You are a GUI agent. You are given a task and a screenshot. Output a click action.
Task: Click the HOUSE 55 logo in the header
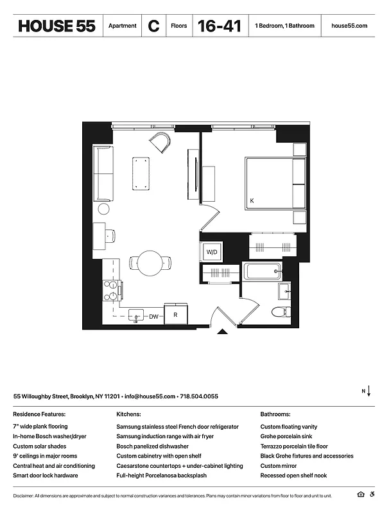[57, 26]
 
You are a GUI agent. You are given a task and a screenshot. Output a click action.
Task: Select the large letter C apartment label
[153, 26]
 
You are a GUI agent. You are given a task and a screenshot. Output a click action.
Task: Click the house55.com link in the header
[349, 26]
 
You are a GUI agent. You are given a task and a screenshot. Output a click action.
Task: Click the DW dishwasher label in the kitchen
[154, 316]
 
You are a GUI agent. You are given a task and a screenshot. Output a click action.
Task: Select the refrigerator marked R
[175, 315]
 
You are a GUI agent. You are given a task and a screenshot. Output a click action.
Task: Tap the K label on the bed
[252, 201]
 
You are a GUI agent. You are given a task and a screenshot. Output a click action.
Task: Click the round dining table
[151, 262]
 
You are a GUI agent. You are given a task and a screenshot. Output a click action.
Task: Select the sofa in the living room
[103, 173]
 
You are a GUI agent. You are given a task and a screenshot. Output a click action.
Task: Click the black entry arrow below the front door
[222, 332]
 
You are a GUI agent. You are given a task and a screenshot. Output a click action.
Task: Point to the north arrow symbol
[369, 391]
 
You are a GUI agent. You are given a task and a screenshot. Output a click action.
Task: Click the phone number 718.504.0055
[199, 396]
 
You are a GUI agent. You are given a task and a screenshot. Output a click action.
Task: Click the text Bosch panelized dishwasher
[152, 446]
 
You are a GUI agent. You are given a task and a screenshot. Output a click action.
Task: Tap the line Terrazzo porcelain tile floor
[294, 446]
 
